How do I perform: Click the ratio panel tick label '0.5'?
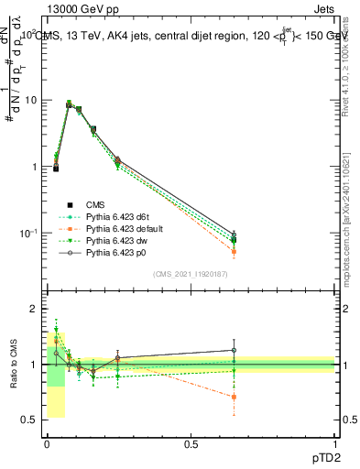29,420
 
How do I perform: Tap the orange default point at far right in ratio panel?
234,398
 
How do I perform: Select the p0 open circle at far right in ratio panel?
234,350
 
